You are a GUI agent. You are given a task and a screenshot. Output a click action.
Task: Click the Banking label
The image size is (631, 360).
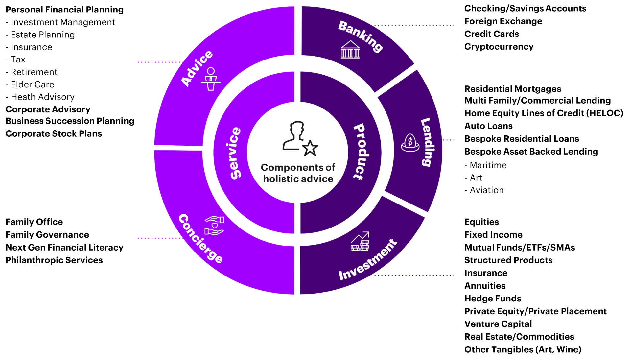[361, 36]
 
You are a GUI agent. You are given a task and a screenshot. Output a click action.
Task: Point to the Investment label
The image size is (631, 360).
[368, 260]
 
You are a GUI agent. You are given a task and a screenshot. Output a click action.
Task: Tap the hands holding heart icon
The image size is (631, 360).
[214, 226]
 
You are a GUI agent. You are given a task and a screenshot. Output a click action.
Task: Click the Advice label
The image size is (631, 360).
[197, 68]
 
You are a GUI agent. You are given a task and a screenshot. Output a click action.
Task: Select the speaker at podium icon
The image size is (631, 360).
[211, 79]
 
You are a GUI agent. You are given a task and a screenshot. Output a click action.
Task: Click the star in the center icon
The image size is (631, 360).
[310, 148]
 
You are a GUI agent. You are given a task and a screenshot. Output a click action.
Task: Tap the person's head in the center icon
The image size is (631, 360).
[297, 128]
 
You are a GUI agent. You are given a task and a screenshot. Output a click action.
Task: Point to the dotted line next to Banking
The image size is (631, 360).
[414, 26]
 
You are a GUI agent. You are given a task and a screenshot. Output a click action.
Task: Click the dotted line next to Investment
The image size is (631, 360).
[414, 275]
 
